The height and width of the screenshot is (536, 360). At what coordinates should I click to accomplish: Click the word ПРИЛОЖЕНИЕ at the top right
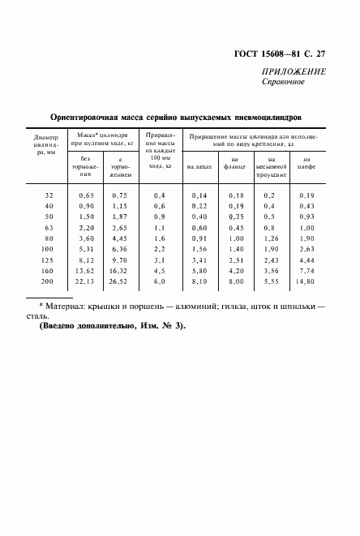pyautogui.click(x=294, y=71)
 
